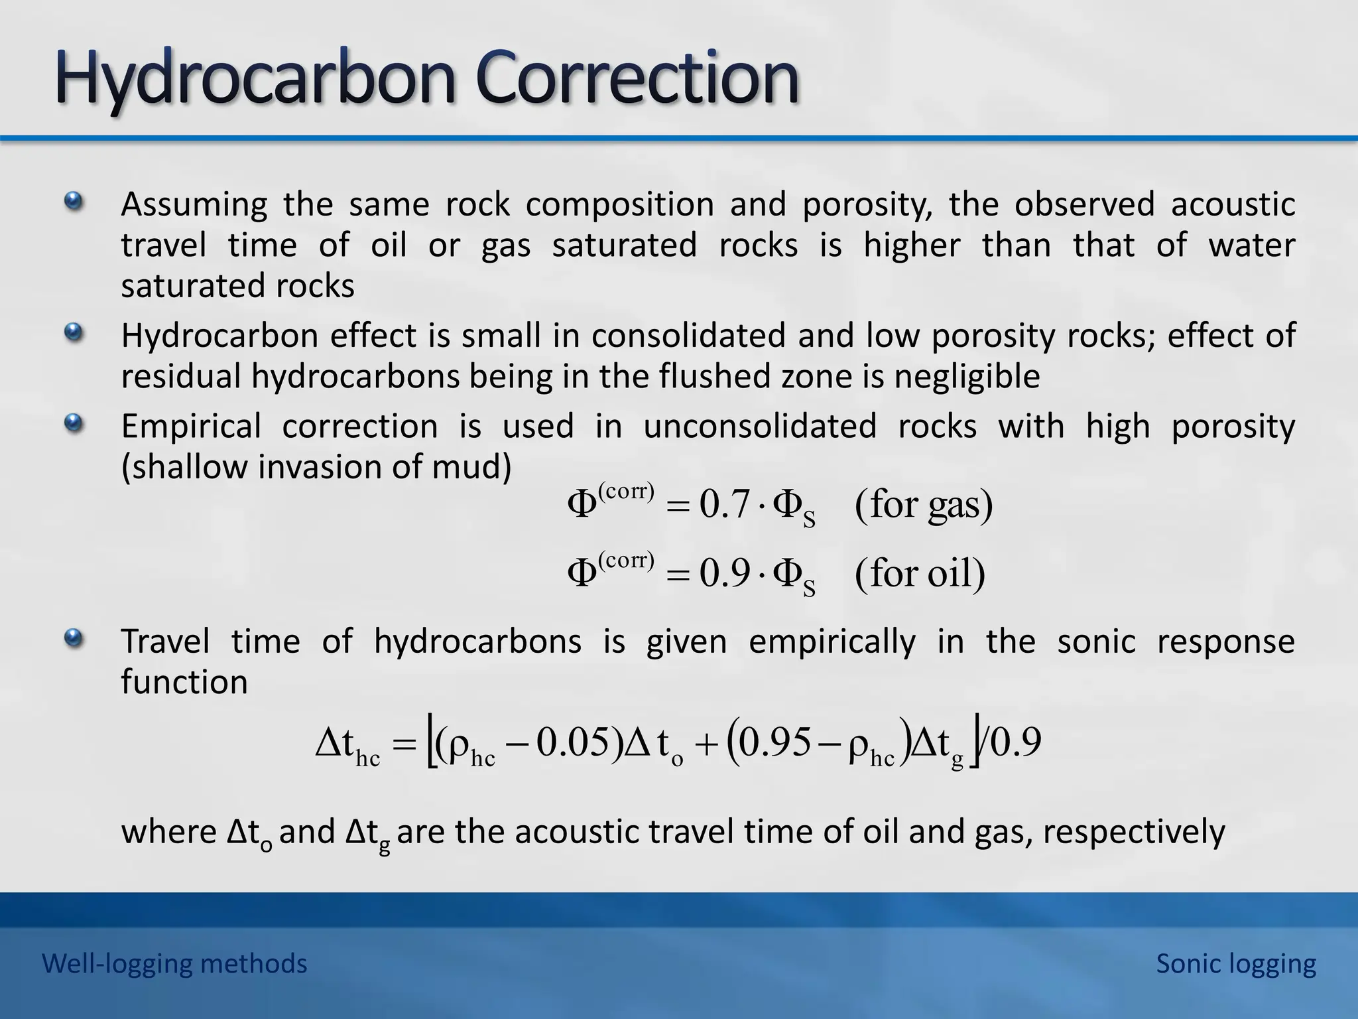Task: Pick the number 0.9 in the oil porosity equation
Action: tap(724, 573)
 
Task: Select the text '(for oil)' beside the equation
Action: tap(920, 573)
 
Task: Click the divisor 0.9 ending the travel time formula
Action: tap(1015, 743)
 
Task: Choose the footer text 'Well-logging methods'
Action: tap(174, 963)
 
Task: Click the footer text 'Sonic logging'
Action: tap(1236, 963)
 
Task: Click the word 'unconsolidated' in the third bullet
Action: tap(760, 426)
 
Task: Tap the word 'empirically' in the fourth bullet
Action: tap(832, 642)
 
